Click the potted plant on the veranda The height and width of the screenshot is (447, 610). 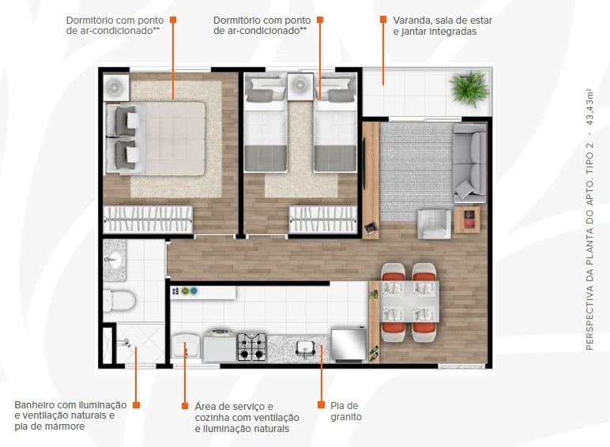469,88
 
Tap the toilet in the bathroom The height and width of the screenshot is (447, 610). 119,301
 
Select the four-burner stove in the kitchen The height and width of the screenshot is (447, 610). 252,347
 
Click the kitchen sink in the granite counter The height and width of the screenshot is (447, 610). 306,347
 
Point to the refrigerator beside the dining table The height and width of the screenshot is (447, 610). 349,345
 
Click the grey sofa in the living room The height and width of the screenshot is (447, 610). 469,163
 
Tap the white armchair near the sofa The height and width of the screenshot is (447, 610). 434,223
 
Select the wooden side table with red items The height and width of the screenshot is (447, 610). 467,220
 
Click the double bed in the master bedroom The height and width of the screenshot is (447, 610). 156,138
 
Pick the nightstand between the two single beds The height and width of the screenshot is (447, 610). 300,87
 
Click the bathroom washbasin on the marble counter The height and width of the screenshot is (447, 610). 114,260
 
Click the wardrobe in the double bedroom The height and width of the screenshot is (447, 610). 148,220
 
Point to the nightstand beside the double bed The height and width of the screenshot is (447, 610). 116,88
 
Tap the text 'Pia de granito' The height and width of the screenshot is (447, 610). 346,411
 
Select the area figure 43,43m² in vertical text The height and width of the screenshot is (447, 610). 589,107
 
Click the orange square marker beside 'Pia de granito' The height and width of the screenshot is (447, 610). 321,404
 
